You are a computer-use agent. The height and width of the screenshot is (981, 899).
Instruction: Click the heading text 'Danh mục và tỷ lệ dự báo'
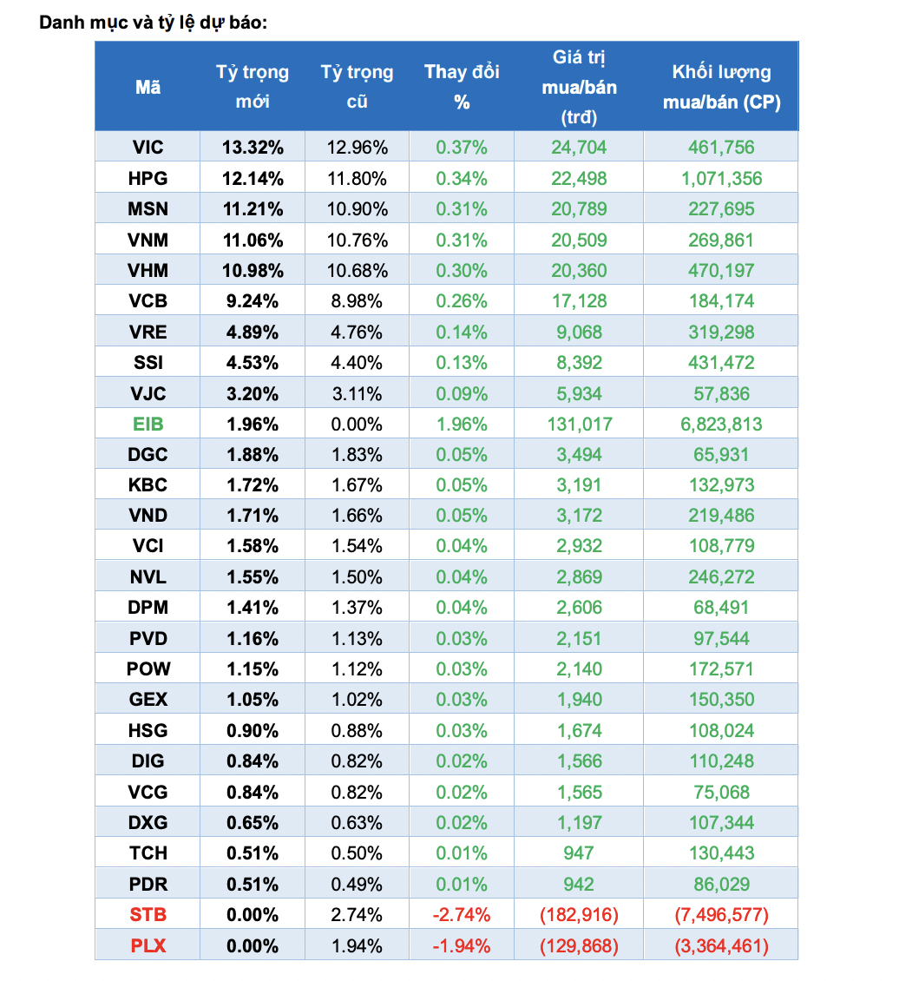click(x=153, y=22)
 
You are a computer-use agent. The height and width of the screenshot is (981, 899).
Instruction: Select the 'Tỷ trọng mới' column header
click(x=253, y=87)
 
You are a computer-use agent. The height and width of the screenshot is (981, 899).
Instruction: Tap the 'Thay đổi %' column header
click(x=462, y=87)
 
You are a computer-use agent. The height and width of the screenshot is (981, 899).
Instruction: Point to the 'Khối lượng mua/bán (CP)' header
click(x=721, y=87)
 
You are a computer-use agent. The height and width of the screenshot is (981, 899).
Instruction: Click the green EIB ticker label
click(x=148, y=425)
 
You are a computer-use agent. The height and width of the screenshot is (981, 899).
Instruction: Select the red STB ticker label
click(x=148, y=915)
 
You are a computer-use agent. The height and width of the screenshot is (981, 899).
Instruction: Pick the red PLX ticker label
click(x=148, y=945)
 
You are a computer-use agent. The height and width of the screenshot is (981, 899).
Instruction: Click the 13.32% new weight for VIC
click(x=253, y=148)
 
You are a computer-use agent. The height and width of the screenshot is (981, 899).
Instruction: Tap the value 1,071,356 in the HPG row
click(x=721, y=179)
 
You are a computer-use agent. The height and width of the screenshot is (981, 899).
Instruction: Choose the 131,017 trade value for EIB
click(x=579, y=425)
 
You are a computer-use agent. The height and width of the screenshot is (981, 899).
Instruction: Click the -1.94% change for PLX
click(x=462, y=945)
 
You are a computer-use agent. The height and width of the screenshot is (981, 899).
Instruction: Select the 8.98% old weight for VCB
click(x=357, y=301)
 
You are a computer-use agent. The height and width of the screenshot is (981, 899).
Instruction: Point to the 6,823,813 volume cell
click(x=721, y=425)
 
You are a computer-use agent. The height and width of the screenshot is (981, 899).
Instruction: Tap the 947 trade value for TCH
click(x=579, y=853)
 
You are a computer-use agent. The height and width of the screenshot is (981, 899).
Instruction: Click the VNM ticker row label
click(x=148, y=240)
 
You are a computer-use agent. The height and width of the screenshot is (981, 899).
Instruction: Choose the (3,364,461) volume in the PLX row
click(x=721, y=945)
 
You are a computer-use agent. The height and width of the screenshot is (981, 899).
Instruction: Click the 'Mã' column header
click(x=148, y=87)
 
